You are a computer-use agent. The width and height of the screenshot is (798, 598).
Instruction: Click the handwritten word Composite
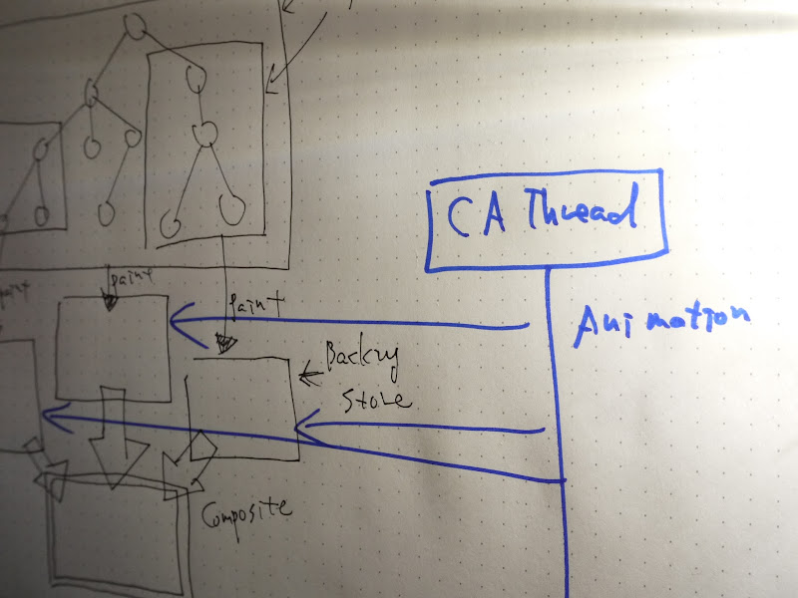(x=247, y=512)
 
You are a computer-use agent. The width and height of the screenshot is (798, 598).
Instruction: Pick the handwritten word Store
(x=375, y=401)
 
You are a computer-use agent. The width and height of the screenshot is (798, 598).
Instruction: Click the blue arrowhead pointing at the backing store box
(x=305, y=429)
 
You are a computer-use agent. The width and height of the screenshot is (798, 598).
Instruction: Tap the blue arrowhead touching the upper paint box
(x=180, y=320)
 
